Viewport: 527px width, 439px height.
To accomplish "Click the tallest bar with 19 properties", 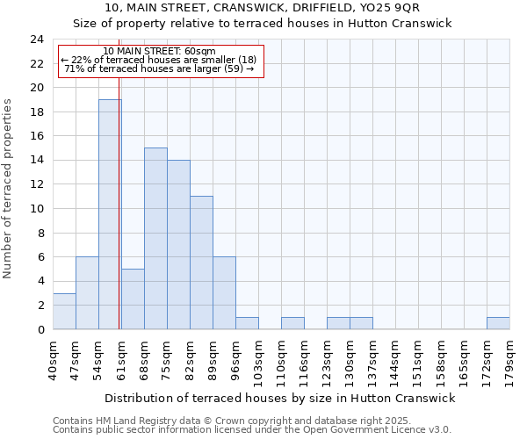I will (x=110, y=214).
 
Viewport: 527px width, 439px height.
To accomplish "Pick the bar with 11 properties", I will (x=201, y=263).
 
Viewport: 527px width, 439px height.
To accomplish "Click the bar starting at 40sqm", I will (x=64, y=311).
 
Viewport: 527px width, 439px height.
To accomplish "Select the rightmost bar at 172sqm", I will (x=498, y=323).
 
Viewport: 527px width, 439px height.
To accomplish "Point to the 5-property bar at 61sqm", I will (x=133, y=299).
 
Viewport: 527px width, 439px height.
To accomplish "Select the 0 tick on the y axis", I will (x=40, y=329).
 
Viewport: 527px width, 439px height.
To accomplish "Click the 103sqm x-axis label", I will (x=258, y=360).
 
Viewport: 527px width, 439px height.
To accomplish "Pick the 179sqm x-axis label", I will (x=509, y=360).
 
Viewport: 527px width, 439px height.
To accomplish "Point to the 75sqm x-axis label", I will (x=167, y=360).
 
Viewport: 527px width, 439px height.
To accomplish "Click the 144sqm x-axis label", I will (x=395, y=360).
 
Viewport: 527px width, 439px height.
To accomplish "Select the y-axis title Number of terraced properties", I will (x=9, y=189).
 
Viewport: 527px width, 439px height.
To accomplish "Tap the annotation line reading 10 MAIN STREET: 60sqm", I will (x=159, y=52).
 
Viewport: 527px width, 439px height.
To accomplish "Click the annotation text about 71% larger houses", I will (x=159, y=68).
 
